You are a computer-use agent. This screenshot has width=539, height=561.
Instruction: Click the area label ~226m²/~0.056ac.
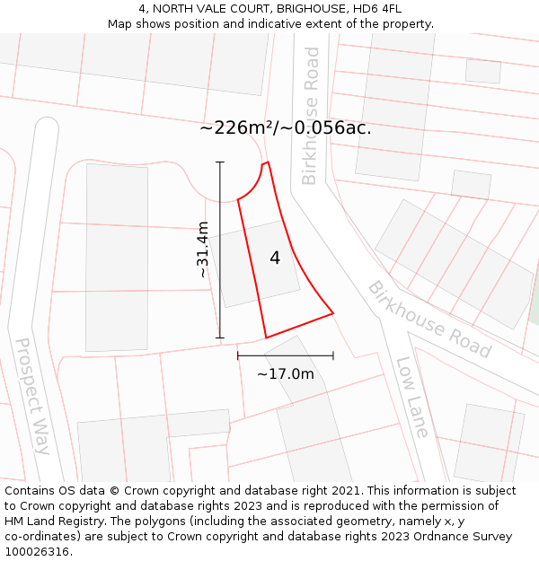tap(285, 128)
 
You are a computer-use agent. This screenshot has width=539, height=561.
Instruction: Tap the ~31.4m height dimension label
tap(203, 249)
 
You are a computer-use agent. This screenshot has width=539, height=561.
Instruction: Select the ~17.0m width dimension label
tap(286, 374)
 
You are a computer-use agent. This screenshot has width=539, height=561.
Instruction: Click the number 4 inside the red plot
tap(275, 259)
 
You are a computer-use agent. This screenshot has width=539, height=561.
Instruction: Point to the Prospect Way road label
tap(34, 395)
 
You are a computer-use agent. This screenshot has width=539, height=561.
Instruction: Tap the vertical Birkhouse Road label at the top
tap(310, 115)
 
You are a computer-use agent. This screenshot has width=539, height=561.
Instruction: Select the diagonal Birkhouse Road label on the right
tap(429, 320)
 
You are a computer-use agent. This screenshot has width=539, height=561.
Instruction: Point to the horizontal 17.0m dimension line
tap(286, 355)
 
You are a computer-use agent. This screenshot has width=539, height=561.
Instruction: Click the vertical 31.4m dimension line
tap(220, 269)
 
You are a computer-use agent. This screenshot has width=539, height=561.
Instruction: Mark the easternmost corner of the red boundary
tap(333, 313)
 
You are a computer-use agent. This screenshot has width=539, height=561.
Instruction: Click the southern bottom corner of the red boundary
tap(266, 338)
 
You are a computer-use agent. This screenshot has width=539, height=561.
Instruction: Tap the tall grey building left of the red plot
tap(116, 258)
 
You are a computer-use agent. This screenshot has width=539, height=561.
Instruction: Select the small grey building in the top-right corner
tap(483, 71)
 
